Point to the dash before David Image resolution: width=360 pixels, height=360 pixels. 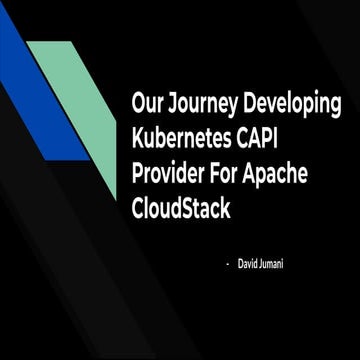click(x=228, y=261)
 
